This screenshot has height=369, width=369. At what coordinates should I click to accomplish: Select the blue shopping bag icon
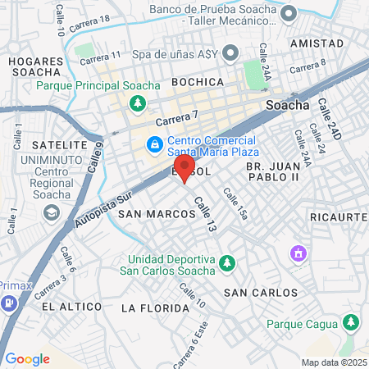153,145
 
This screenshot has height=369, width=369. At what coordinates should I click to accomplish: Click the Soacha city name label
289,105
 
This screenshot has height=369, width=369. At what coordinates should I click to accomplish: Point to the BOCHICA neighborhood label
198,82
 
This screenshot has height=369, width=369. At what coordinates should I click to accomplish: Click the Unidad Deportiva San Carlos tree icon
230,264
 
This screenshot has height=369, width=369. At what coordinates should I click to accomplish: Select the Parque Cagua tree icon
351,321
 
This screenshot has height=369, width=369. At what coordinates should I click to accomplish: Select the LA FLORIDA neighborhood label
149,308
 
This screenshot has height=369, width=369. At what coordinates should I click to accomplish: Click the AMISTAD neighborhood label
317,43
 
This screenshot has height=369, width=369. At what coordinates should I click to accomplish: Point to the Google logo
27,358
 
